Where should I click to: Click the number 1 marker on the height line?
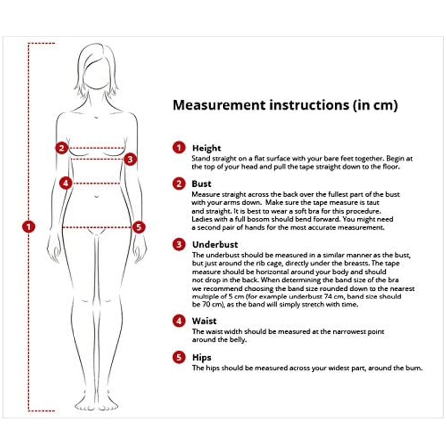pos(28,226)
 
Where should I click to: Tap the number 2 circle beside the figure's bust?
pos(62,148)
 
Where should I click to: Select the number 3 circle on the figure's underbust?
pos(130,159)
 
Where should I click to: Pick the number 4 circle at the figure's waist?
pos(66,183)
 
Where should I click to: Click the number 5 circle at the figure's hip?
pos(139,227)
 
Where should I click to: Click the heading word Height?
pos(207,149)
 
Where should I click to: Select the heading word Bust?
pos(201,184)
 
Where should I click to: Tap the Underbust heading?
pos(215,244)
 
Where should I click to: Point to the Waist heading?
pos(204,321)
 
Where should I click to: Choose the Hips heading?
pos(202,358)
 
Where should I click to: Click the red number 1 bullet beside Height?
pos(179,148)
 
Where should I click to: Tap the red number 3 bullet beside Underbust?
pos(179,244)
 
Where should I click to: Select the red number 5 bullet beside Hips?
pos(179,357)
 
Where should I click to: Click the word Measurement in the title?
pos(219,105)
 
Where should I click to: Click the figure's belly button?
pos(97,196)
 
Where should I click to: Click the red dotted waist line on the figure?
pos(96,183)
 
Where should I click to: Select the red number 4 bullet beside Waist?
pos(179,321)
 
